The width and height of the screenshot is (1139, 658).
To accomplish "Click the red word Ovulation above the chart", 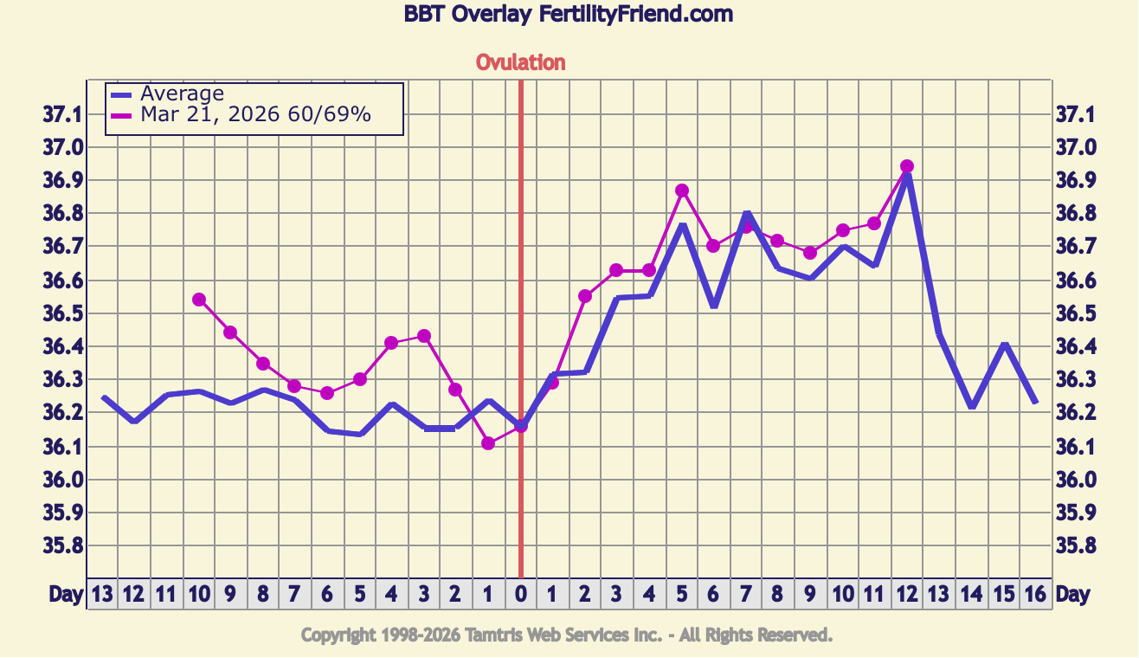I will [520, 62].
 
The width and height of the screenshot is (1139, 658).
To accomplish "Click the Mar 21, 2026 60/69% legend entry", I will [255, 114].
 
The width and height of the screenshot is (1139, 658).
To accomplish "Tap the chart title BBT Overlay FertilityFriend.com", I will [569, 14].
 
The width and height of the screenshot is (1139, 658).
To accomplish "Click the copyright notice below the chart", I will [567, 635].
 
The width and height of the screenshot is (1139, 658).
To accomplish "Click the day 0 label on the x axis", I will [520, 595].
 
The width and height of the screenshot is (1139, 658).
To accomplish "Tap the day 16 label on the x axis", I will [1036, 595].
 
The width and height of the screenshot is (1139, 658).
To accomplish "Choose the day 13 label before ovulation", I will [102, 595].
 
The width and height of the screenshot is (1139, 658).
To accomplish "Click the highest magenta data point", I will [907, 166].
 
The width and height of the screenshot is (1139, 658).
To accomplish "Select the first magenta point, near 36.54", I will [199, 300].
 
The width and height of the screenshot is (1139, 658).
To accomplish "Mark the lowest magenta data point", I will [488, 443].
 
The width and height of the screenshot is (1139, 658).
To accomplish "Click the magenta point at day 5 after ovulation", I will [682, 190].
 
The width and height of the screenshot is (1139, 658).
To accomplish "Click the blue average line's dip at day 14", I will [972, 406].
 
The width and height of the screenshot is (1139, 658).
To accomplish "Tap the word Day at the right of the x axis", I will [1073, 595].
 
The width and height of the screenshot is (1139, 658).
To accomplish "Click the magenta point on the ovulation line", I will [521, 426].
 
